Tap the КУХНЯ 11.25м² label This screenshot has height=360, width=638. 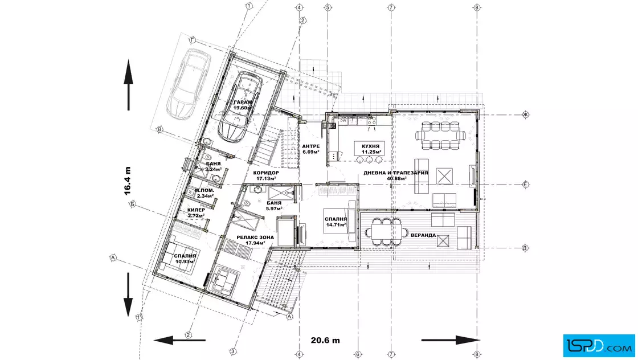point(371,149)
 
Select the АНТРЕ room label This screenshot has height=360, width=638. point(311,149)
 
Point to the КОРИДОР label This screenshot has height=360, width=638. point(266,175)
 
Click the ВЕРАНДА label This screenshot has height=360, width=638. point(423,235)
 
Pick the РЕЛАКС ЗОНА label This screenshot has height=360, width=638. point(255,240)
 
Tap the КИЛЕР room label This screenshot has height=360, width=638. point(196,212)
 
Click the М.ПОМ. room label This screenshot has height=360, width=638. point(205,193)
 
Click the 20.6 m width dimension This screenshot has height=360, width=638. point(325,341)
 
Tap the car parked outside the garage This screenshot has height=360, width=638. point(189,84)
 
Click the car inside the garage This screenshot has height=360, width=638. point(239,107)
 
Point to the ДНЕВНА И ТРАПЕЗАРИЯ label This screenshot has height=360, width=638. point(395,175)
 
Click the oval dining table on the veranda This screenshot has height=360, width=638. point(386,232)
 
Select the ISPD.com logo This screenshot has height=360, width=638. point(599,345)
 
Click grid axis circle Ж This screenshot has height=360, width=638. point(525,114)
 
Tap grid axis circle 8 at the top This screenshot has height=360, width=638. point(477,7)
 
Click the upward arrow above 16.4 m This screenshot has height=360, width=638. point(129,85)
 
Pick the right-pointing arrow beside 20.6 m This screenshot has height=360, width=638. point(451,340)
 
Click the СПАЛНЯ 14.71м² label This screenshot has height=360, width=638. point(336,222)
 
